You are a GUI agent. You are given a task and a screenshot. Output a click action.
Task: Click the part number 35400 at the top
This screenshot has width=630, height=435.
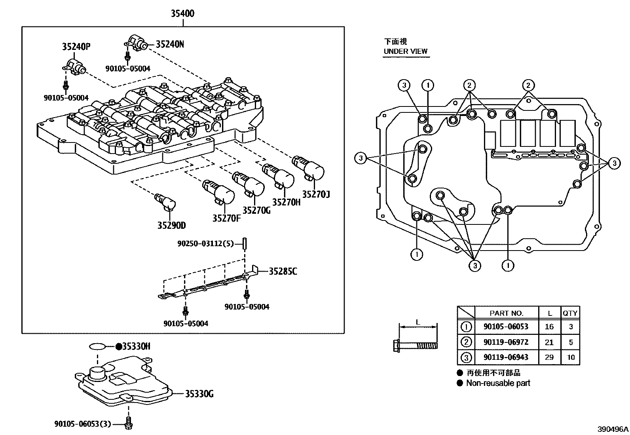[x=182, y=13]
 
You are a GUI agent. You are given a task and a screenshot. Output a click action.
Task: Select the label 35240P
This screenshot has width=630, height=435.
[x=76, y=47]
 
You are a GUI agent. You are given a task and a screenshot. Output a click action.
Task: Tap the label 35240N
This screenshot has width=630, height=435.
[x=170, y=44]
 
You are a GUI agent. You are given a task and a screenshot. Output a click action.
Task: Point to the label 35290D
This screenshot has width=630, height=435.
[x=171, y=226]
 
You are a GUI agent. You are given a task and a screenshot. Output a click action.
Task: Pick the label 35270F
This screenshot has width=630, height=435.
[x=226, y=218]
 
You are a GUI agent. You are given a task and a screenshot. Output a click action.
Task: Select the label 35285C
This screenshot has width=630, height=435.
[x=283, y=272]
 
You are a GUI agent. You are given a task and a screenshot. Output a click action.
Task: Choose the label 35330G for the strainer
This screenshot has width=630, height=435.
[x=199, y=394]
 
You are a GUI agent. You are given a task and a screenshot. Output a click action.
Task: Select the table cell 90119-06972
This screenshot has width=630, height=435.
[x=506, y=342]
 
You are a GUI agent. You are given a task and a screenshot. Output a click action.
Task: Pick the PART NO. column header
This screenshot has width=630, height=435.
[x=506, y=313]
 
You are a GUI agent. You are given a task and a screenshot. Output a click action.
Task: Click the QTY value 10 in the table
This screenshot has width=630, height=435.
[x=570, y=357]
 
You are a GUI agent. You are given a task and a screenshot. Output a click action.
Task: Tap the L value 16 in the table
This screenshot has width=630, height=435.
[x=549, y=327]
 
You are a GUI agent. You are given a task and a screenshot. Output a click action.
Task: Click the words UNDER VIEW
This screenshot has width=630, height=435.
[x=406, y=51]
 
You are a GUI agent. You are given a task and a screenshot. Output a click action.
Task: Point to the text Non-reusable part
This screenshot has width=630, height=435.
[x=498, y=383]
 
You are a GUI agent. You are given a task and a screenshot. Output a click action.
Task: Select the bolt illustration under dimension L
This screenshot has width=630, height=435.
[x=416, y=346]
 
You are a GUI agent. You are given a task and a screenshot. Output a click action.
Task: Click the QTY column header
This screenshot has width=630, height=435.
[x=570, y=313]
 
